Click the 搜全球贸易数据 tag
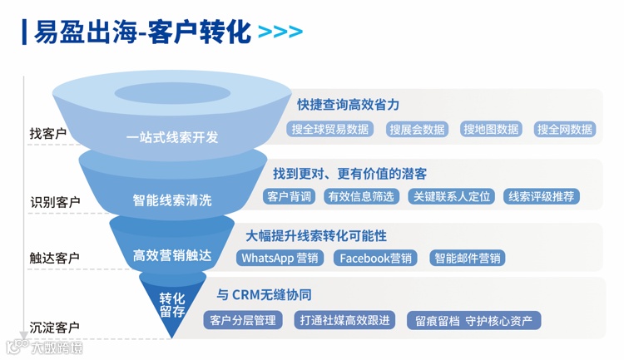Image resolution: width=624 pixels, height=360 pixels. tap(330, 130)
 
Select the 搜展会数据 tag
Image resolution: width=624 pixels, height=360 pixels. tap(417, 130)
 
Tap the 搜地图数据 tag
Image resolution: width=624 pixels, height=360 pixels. tap(491, 130)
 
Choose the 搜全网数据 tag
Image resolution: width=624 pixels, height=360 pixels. tap(565, 130)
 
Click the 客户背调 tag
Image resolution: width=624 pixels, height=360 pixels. tap(289, 196)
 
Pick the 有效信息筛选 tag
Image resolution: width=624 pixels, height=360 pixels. tap(361, 196)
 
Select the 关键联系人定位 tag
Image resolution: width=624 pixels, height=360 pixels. tap(452, 196)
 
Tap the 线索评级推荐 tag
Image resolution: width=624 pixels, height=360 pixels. tap(542, 196)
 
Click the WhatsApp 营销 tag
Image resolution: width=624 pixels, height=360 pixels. tap(280, 258)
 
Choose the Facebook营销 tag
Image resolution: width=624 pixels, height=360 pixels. tap(376, 258)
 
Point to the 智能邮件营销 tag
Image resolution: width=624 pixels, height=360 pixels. tap(468, 258)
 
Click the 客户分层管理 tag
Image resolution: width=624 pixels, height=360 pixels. tap(242, 320)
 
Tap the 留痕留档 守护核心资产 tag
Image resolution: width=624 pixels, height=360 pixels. tap(473, 320)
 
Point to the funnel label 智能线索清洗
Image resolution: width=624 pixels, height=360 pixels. tap(172, 200)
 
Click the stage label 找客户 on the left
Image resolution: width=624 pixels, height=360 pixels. tap(47, 133)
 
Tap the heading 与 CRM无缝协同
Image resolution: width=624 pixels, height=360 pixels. tap(264, 295)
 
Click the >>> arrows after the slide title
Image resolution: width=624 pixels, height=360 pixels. tap(280, 32)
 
